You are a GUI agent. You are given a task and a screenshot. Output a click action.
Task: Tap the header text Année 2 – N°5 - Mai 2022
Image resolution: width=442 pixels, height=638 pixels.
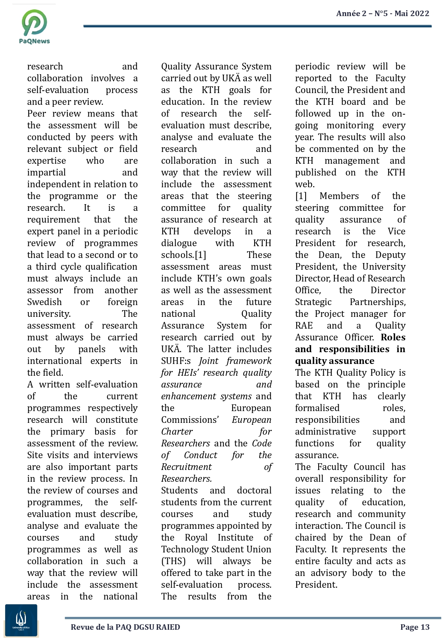pos(382,14)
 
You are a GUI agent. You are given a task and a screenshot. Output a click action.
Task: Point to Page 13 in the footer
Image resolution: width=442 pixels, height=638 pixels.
pos(414,627)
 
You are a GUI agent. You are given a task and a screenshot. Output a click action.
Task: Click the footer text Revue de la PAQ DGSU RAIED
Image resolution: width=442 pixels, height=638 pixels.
pos(125,627)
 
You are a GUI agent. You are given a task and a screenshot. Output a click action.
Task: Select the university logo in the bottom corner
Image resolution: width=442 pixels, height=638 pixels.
pos(21,620)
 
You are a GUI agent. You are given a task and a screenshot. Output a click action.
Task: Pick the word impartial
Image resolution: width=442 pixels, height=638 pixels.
pos(46,172)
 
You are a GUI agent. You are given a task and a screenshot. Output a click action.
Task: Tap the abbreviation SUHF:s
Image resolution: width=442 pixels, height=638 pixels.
pos(176,361)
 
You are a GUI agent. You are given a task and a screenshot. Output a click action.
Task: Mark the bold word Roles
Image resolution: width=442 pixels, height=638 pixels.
pos(393,337)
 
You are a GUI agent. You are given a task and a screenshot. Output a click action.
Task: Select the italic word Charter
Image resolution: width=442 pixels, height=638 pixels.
pos(177,431)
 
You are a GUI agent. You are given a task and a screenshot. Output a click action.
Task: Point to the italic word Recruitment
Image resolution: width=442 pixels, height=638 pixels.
pos(186,467)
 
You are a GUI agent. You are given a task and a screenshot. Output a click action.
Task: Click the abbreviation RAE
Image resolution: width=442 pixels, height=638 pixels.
pos(304,325)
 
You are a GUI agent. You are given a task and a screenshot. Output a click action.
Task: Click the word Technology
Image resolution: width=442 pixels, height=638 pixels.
pos(184,549)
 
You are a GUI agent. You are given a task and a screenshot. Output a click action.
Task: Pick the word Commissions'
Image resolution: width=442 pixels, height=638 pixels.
pos(190,420)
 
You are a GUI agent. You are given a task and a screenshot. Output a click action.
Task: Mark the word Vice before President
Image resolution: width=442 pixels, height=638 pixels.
pos(396,231)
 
